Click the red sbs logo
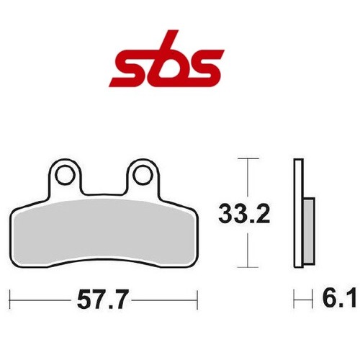coord(166,58)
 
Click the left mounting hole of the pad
coord(64,176)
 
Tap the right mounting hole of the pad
coord(143,176)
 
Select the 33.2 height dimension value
coord(244,213)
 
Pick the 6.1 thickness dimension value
coord(339,299)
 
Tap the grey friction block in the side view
coord(308,233)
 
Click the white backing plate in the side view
coord(298,213)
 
